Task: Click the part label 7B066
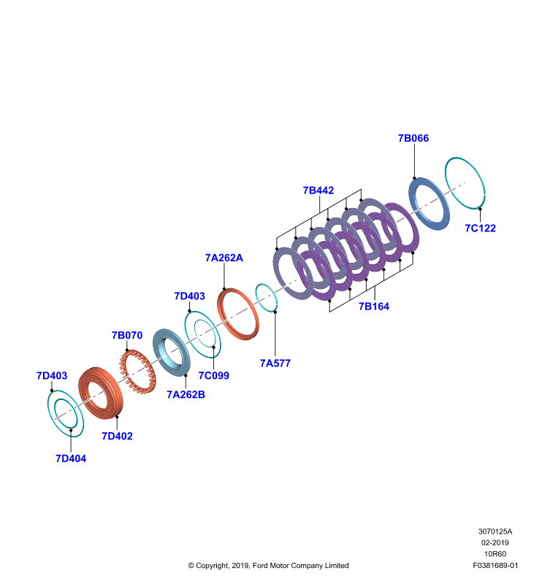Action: (413, 138)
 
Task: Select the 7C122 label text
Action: (481, 228)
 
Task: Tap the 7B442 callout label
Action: (319, 191)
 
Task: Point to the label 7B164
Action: (374, 307)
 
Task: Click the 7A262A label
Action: (224, 258)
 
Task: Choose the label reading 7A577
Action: (275, 363)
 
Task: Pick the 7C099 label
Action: (213, 375)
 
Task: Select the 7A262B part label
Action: (186, 394)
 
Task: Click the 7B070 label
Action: (127, 335)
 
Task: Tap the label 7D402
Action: (117, 436)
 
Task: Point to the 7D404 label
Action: (71, 458)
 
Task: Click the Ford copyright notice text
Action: (268, 565)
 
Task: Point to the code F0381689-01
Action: (495, 565)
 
